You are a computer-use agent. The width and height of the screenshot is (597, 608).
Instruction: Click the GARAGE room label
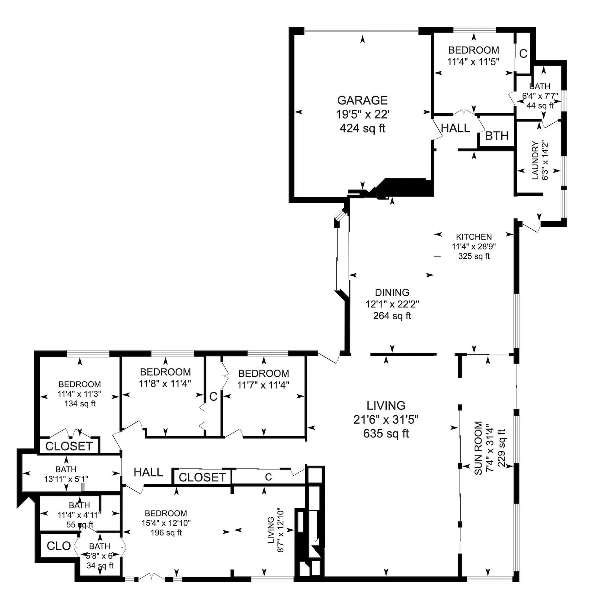(362, 100)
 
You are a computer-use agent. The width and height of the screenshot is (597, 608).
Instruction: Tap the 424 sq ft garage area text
(362, 129)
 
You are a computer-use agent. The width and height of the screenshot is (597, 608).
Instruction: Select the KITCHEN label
(474, 237)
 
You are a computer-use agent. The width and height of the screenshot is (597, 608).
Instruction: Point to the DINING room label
(392, 292)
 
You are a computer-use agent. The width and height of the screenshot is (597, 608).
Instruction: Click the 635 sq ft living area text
(386, 434)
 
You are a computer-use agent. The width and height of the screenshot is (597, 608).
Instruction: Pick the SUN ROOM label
(478, 448)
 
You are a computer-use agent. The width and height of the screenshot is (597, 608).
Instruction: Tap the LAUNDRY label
(535, 160)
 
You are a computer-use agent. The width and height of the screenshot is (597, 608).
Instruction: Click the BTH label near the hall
(497, 135)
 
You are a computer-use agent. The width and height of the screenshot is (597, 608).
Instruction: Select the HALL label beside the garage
(455, 128)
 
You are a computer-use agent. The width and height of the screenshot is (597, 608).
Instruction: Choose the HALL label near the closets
(148, 472)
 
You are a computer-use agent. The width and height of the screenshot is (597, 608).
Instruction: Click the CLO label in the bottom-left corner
(59, 546)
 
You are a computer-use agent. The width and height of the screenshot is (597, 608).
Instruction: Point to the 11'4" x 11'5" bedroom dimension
(474, 61)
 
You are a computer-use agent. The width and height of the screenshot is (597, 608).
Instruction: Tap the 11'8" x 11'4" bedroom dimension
(165, 383)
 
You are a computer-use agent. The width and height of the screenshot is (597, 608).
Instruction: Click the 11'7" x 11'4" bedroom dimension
(263, 385)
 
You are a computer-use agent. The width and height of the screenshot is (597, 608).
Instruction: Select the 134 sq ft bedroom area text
(79, 404)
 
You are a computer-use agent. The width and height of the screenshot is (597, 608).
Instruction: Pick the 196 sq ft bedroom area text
(166, 533)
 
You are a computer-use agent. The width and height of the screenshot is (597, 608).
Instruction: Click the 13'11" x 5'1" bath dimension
(66, 479)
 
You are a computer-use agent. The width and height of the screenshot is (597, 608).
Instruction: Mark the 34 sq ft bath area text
(100, 566)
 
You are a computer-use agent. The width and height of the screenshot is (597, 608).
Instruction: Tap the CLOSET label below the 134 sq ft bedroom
(69, 446)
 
